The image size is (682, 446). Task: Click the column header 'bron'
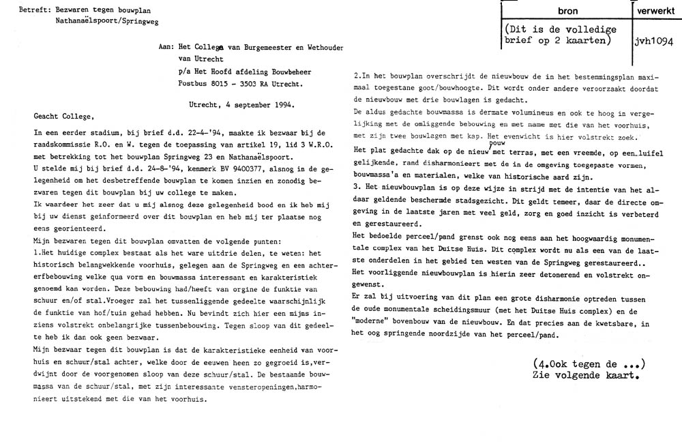pyautogui.click(x=567, y=12)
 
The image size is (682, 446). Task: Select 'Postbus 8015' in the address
pyautogui.click(x=195, y=85)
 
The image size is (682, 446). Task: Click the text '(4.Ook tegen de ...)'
pyautogui.click(x=588, y=363)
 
